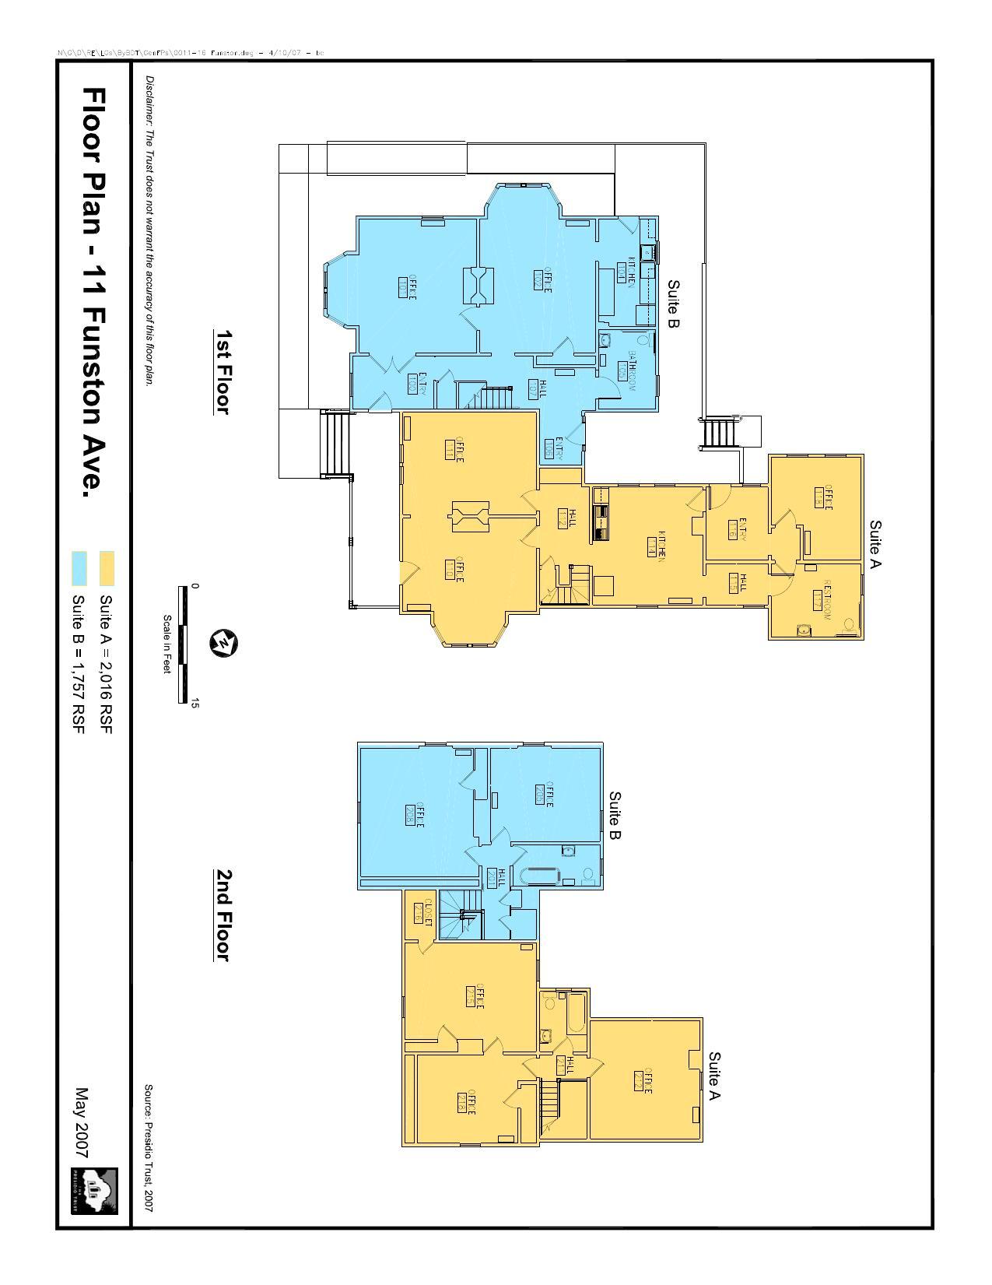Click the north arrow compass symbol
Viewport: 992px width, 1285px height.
pos(224,644)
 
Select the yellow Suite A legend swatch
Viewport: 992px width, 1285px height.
pos(107,568)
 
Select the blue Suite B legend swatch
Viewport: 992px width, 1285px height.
pos(79,568)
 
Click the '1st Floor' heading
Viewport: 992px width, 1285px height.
pos(223,371)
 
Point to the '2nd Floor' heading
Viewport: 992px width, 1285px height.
pos(223,915)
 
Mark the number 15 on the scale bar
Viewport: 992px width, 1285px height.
pos(195,703)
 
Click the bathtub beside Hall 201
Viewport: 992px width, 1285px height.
pos(540,875)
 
